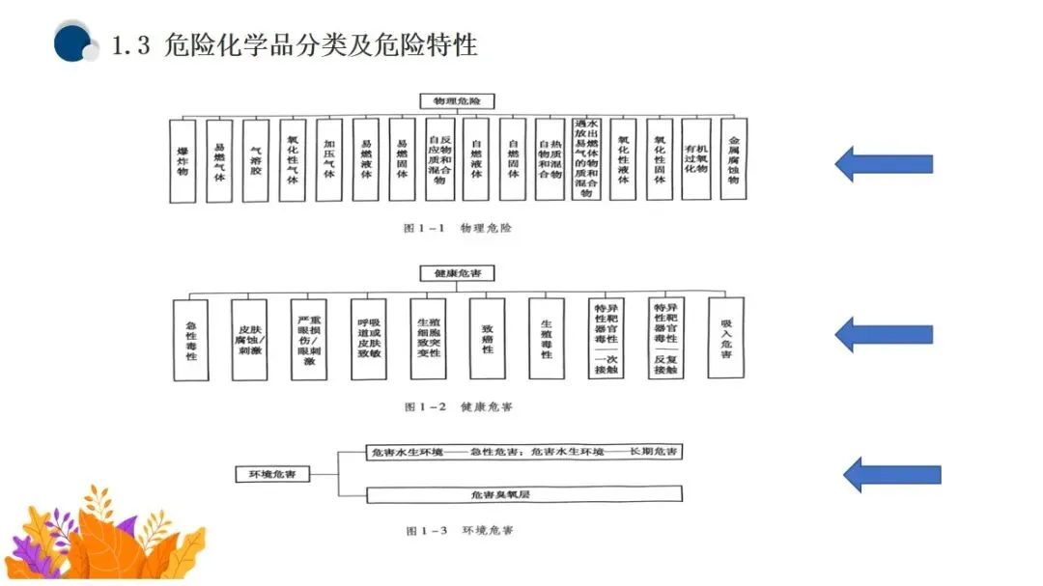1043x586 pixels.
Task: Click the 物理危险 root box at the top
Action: (x=457, y=100)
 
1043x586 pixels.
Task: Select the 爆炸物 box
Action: (x=183, y=159)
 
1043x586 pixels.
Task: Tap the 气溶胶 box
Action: (x=256, y=159)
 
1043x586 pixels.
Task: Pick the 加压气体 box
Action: (x=329, y=159)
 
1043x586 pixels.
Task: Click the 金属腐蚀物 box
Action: (x=733, y=159)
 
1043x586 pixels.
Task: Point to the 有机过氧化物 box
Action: (x=696, y=159)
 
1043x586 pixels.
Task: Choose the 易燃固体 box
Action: (x=403, y=159)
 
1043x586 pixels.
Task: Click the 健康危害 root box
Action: (x=457, y=274)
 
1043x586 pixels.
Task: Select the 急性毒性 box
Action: (x=190, y=339)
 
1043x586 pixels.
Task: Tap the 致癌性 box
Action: (x=488, y=339)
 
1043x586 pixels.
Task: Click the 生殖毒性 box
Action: (x=547, y=339)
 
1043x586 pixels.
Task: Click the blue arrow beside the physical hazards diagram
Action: (x=884, y=163)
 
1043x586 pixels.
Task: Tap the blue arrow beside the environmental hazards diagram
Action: (x=891, y=474)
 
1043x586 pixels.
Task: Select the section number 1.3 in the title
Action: (x=131, y=45)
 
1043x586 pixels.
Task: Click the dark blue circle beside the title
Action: (x=72, y=43)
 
